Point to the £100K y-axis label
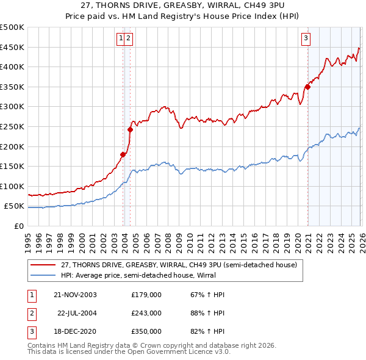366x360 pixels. point(12,186)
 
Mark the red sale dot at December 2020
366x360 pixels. point(307,87)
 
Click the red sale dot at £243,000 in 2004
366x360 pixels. point(130,129)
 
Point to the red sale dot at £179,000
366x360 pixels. point(123,154)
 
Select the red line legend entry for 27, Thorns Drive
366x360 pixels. point(179,265)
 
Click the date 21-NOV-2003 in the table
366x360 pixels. point(75,295)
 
